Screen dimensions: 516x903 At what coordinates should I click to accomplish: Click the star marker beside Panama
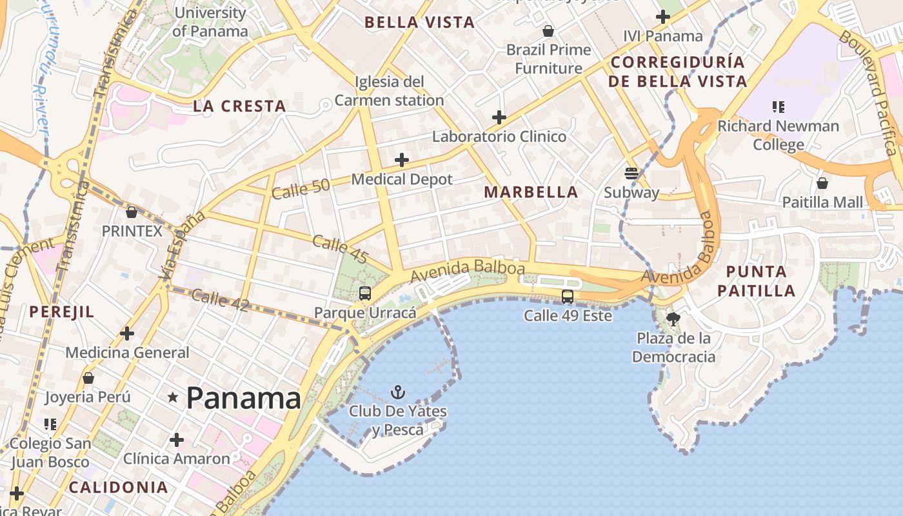tap(172, 397)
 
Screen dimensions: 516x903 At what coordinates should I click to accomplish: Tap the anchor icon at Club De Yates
tap(398, 392)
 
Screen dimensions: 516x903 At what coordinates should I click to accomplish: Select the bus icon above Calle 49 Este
tap(568, 297)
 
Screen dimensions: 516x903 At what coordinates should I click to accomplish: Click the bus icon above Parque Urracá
tap(365, 293)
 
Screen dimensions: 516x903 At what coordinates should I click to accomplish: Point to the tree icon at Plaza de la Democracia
tap(673, 318)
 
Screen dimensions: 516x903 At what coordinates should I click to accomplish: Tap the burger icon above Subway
tap(631, 173)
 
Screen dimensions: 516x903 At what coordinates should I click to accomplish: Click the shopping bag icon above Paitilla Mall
tap(822, 183)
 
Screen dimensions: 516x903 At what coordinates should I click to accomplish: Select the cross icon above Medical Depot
tap(402, 159)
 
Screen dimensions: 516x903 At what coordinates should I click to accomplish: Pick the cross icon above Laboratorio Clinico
tap(499, 117)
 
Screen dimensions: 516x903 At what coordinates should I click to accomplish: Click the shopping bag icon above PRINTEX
tap(132, 212)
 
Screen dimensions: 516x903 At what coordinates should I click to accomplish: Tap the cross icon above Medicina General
tap(127, 333)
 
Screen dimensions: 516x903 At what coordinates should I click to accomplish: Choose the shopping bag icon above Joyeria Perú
tap(88, 377)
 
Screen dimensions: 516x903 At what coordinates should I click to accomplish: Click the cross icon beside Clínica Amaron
tap(176, 440)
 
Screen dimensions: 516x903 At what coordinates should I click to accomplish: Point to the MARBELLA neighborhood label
tap(531, 192)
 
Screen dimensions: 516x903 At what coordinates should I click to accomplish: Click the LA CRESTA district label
tap(239, 106)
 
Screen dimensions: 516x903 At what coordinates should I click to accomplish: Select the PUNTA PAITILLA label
tap(756, 281)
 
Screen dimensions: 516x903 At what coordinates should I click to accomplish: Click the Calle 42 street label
tap(220, 301)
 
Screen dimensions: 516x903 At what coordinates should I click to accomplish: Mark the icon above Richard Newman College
tap(778, 106)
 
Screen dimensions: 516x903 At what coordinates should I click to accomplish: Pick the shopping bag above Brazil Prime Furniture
tap(548, 31)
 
